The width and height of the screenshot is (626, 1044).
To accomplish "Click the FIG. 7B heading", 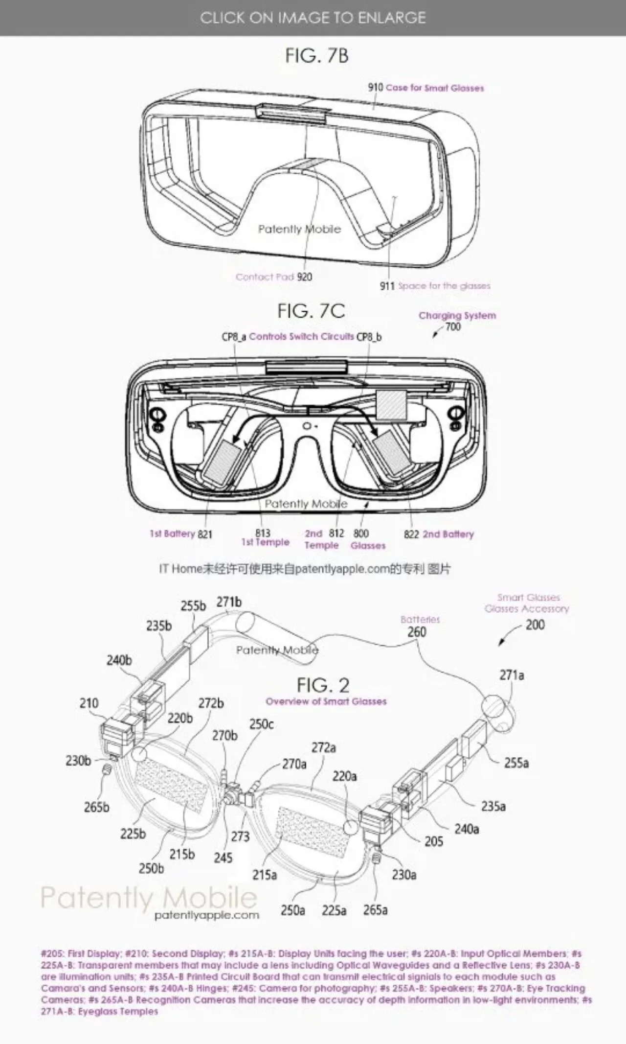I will pyautogui.click(x=317, y=56).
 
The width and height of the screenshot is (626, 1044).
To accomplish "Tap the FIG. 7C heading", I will pyautogui.click(x=311, y=311).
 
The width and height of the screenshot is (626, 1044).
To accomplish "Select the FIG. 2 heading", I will pyautogui.click(x=323, y=685).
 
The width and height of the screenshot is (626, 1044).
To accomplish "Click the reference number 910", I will pyautogui.click(x=375, y=88).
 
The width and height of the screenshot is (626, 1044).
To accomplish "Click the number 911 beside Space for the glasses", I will pyautogui.click(x=387, y=286).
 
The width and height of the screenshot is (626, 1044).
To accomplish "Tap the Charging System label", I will pyautogui.click(x=457, y=316).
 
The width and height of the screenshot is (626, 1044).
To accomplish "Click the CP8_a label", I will pyautogui.click(x=234, y=337).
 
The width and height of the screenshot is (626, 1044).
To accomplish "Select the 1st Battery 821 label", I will pyautogui.click(x=181, y=534).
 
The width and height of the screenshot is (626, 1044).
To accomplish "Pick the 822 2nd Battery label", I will pyautogui.click(x=439, y=534).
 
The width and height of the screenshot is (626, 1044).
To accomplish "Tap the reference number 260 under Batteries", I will pyautogui.click(x=417, y=632).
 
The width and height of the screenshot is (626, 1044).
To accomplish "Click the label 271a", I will pyautogui.click(x=512, y=675).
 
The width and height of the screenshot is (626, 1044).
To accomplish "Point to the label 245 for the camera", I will pyautogui.click(x=223, y=858).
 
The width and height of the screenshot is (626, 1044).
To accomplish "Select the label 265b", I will pyautogui.click(x=96, y=807).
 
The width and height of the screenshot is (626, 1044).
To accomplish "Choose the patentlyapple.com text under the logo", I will pyautogui.click(x=206, y=915).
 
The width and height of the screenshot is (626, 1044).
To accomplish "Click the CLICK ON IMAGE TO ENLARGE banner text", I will pyautogui.click(x=313, y=18).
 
